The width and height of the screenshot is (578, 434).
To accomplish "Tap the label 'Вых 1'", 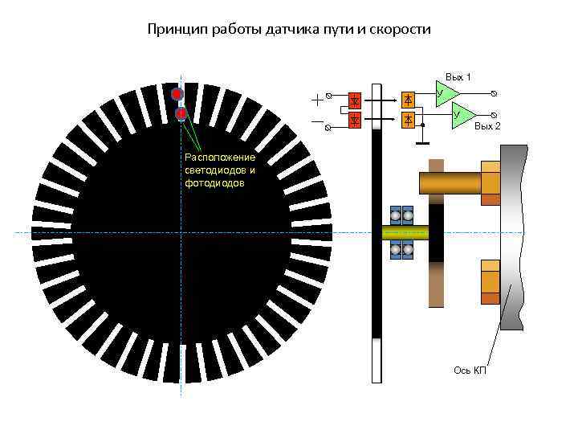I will pos(458,77).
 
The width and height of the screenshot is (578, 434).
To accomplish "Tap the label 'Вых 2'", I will pos(486,127).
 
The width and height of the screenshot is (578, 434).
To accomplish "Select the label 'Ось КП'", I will pos(470,370).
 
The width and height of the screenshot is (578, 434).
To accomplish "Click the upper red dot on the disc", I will pos(177,94).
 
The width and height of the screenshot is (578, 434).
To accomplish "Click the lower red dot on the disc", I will pos(181,114).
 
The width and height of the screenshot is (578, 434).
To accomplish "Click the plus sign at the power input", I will pos(318,99).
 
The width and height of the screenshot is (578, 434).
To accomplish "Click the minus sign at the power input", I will pos(318,121).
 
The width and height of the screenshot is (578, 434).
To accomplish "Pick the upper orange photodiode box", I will pos(409,99).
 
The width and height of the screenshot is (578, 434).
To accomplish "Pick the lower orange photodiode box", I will pos(409,120).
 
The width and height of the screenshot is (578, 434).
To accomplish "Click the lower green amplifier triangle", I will pos(462,114).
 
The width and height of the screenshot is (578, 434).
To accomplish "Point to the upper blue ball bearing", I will pos(401,215).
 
